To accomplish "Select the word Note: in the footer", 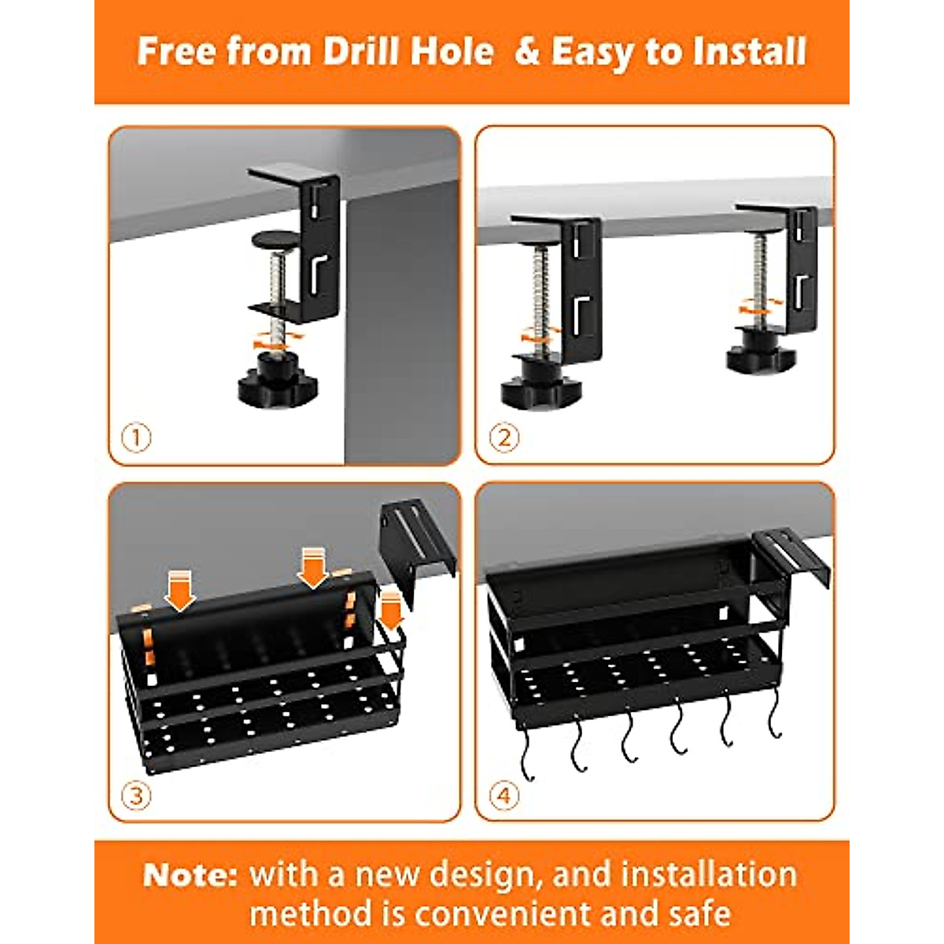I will click(190, 875).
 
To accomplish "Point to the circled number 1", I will click(137, 437).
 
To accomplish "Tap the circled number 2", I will click(504, 437).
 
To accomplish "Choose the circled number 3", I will click(137, 795).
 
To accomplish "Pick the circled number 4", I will click(504, 795).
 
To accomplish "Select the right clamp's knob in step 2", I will click(760, 357).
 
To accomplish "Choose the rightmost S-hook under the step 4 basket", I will click(776, 720).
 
